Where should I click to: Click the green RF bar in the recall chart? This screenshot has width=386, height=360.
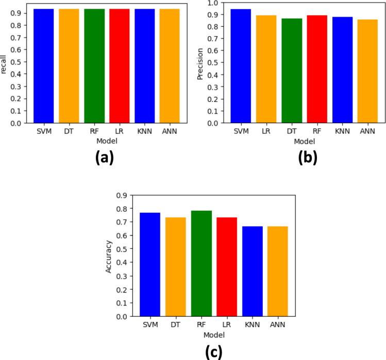(94, 66)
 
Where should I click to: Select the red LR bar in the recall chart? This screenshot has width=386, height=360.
(120, 66)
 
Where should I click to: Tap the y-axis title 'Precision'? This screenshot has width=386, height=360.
(200, 63)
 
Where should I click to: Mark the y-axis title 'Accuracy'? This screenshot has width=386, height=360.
(110, 255)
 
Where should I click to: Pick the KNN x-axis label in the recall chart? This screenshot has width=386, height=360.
(145, 132)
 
